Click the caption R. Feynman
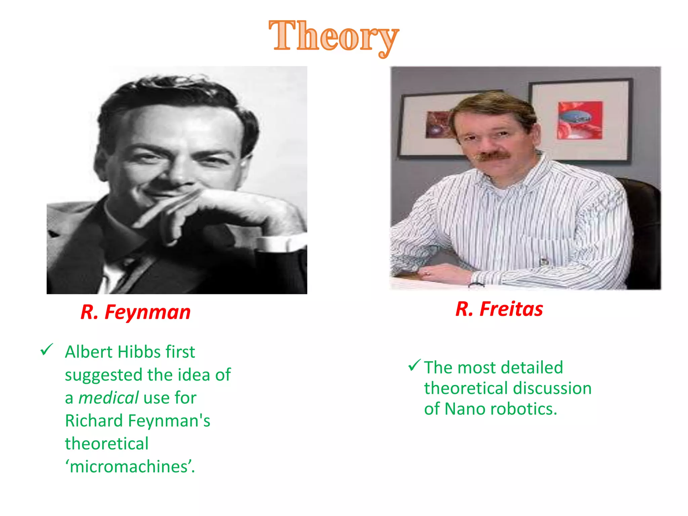pyautogui.click(x=136, y=312)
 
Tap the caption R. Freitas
pyautogui.click(x=499, y=309)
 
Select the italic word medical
pyautogui.click(x=108, y=398)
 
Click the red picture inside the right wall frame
pyautogui.click(x=580, y=120)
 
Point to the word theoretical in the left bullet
pyautogui.click(x=106, y=443)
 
